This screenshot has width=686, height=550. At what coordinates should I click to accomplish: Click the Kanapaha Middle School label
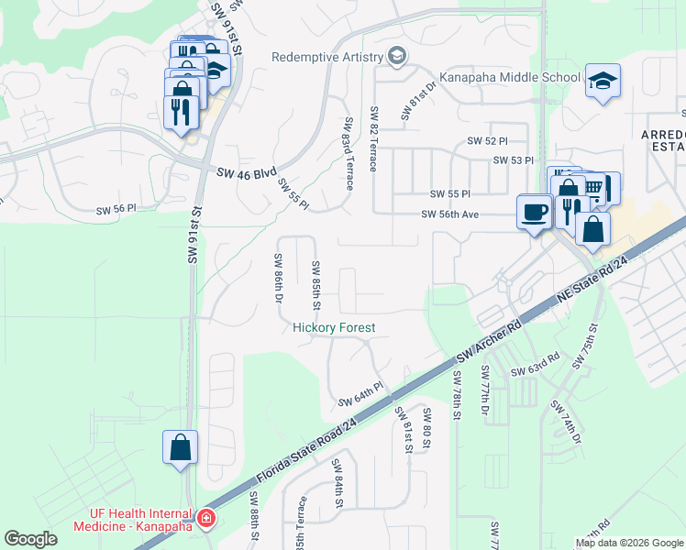tap(509, 78)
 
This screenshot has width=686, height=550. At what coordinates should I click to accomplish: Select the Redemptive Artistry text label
tap(327, 58)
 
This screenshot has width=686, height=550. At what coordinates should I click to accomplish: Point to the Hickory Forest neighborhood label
tap(334, 327)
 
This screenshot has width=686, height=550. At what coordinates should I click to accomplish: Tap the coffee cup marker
tap(535, 213)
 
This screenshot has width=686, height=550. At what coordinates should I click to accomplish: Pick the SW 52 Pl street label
tap(487, 140)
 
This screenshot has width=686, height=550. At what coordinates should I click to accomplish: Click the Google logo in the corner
tap(30, 539)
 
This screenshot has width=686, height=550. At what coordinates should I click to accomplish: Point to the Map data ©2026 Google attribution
tap(629, 543)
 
